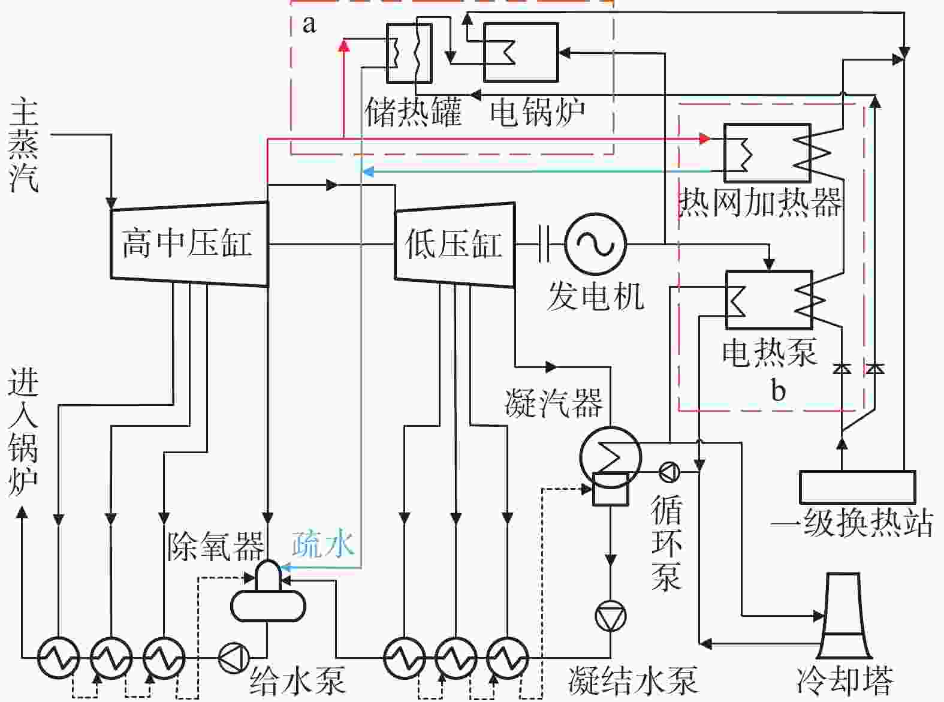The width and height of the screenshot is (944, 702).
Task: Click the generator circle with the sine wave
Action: click(x=595, y=244)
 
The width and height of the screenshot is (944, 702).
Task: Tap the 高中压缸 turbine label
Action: click(x=186, y=243)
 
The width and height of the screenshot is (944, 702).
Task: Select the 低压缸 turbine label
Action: click(x=454, y=243)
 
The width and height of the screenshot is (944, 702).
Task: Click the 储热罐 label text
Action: click(x=413, y=112)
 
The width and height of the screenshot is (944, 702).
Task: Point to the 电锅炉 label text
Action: click(x=537, y=112)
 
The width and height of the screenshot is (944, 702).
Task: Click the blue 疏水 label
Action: click(x=323, y=544)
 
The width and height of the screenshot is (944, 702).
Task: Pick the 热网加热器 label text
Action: click(x=760, y=202)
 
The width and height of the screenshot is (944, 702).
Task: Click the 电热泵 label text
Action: click(x=770, y=352)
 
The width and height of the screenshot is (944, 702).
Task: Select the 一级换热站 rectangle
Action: click(x=857, y=487)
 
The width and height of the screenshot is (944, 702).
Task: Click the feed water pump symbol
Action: click(x=234, y=658)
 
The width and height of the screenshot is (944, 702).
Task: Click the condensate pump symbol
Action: click(x=610, y=616)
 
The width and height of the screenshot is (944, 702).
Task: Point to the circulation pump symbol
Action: click(x=669, y=472)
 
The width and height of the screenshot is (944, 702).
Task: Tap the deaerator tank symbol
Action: click(x=268, y=596)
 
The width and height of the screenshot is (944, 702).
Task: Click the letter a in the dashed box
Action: click(x=309, y=25)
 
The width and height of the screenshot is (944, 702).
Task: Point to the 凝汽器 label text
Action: click(x=553, y=403)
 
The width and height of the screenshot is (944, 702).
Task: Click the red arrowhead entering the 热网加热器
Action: click(x=705, y=138)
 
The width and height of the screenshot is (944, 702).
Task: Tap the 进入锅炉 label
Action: click(x=23, y=432)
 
